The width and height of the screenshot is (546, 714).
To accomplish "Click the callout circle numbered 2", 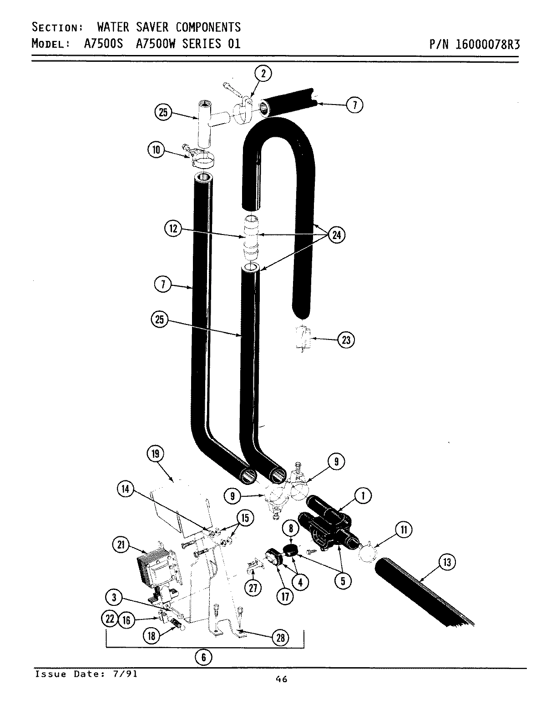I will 263,73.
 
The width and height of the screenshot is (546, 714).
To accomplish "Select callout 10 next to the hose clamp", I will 156,150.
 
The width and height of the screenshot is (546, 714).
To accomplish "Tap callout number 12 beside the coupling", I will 173,229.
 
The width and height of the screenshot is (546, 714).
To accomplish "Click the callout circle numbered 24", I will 336,235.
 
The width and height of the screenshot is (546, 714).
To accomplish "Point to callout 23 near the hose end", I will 347,340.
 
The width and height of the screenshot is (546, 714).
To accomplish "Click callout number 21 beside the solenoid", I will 121,546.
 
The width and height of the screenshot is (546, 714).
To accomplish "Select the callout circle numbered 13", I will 447,563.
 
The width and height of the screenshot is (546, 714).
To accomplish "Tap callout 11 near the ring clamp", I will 404,529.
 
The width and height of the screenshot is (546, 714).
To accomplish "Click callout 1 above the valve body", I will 363,496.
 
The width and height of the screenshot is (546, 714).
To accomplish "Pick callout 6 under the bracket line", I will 203,657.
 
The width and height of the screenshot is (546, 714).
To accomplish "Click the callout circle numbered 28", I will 280,638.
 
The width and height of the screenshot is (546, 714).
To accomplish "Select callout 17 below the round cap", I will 285,597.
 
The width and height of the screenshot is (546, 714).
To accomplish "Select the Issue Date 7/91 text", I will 86,674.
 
